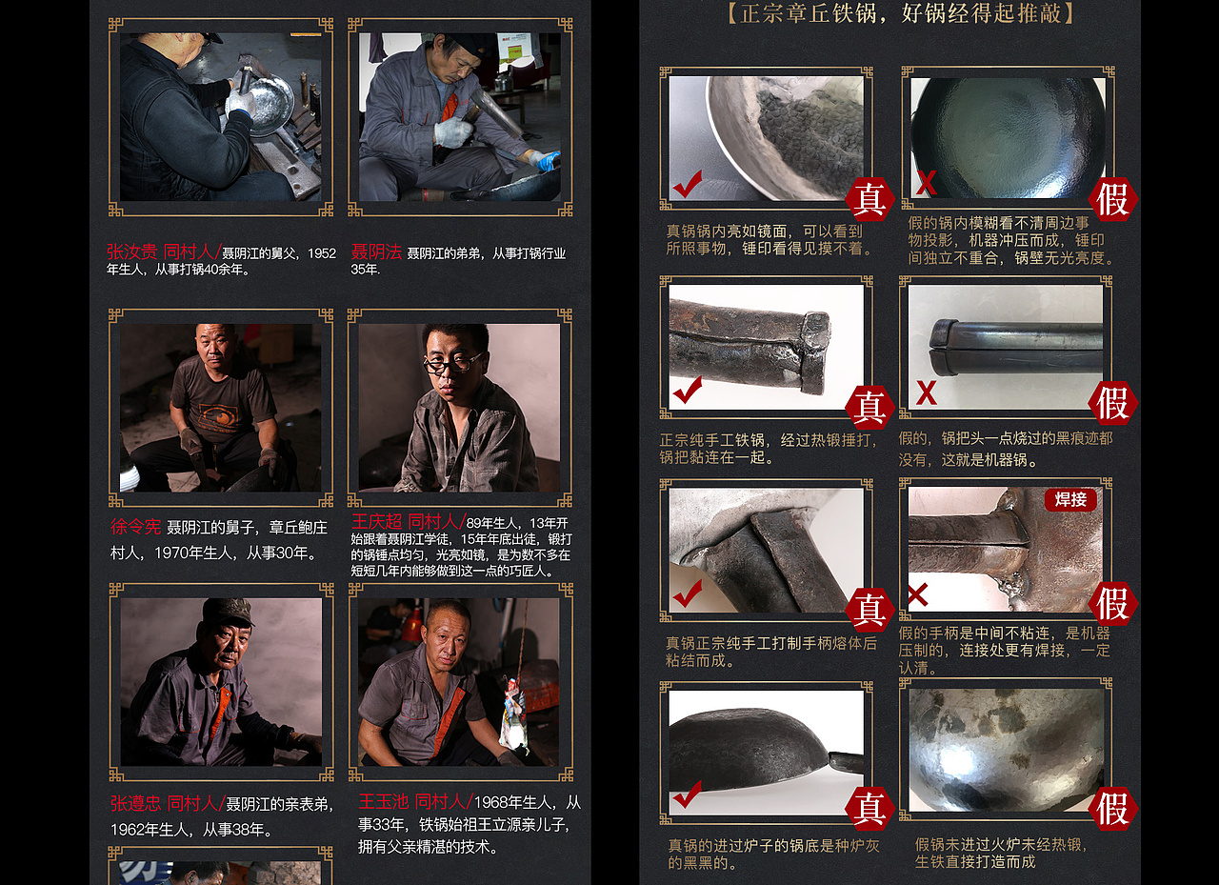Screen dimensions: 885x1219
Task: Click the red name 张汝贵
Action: click(x=132, y=252)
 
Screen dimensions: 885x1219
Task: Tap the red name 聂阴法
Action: click(x=376, y=252)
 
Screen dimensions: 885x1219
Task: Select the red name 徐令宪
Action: click(x=136, y=527)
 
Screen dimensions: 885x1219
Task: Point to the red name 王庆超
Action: click(x=377, y=522)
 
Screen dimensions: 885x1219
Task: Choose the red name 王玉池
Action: click(x=384, y=802)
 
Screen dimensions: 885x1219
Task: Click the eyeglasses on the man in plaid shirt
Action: click(x=452, y=363)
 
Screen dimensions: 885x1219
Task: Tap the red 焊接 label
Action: click(x=1070, y=499)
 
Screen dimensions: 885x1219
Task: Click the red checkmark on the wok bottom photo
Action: click(x=687, y=794)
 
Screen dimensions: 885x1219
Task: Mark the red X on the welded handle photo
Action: click(x=918, y=596)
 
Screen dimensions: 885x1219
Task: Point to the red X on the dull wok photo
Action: click(x=926, y=183)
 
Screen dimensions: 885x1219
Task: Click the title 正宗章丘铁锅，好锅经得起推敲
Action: click(x=900, y=13)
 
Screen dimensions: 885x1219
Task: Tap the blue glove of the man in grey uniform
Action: click(x=549, y=160)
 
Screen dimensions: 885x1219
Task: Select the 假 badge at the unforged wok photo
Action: click(x=1112, y=809)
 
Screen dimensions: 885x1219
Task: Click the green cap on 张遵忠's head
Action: click(x=228, y=610)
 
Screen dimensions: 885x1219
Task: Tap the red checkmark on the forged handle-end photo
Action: click(x=687, y=390)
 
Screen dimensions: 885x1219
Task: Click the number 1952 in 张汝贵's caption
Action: click(x=322, y=253)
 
